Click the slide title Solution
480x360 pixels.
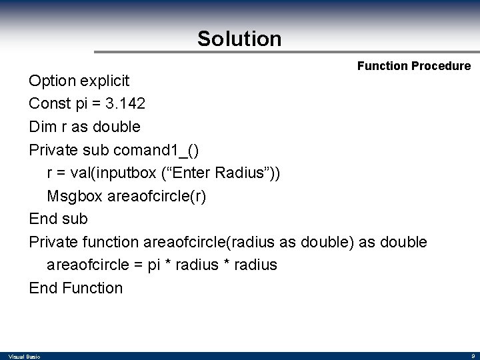pyautogui.click(x=239, y=39)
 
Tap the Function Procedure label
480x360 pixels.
pyautogui.click(x=413, y=66)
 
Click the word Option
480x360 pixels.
pyautogui.click(x=52, y=81)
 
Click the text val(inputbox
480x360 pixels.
pyautogui.click(x=114, y=173)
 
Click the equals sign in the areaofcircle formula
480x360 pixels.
pyautogui.click(x=137, y=265)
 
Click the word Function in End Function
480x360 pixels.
pyautogui.click(x=93, y=288)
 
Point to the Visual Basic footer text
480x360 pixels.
pyautogui.click(x=25, y=357)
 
